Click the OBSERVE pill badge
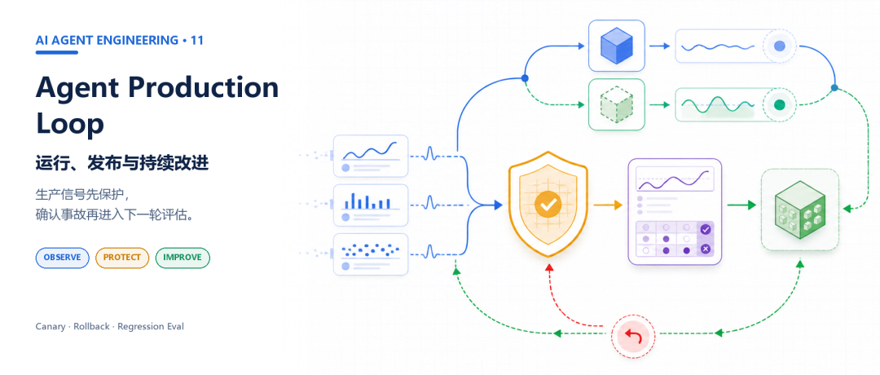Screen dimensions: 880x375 (x=62, y=258)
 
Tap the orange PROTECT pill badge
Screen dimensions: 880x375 (x=122, y=258)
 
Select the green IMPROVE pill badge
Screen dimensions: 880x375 (x=183, y=258)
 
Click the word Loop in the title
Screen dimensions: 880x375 (x=69, y=125)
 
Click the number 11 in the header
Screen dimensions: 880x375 (x=197, y=41)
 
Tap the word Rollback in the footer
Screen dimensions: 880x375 (x=91, y=326)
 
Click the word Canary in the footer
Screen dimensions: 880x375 (x=51, y=327)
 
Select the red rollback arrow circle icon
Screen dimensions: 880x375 (x=633, y=336)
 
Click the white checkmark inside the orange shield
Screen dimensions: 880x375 (x=548, y=205)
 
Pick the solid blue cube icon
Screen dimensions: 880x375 (x=616, y=46)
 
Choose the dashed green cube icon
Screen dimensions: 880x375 (x=616, y=104)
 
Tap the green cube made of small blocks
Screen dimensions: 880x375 (x=800, y=210)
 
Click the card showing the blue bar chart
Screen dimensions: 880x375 (x=371, y=205)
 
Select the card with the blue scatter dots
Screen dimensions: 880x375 (x=371, y=254)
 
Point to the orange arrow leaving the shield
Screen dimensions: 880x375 (x=608, y=205)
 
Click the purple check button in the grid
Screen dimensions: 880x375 (x=706, y=229)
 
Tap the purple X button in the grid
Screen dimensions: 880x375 (x=706, y=249)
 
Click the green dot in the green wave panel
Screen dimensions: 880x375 (x=779, y=104)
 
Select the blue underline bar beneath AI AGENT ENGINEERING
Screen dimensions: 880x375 (x=57, y=53)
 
